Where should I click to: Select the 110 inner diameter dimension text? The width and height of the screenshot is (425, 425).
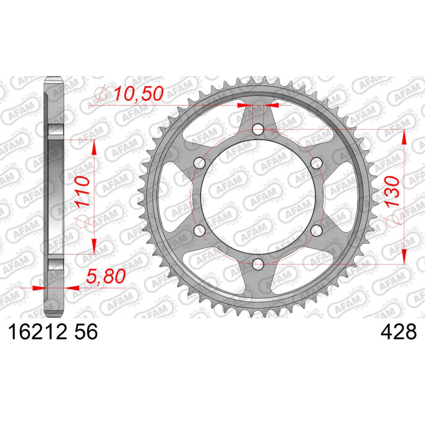[x=83, y=192]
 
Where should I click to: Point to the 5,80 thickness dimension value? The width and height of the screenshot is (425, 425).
[x=106, y=276]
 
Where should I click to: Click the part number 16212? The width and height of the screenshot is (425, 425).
[x=37, y=332]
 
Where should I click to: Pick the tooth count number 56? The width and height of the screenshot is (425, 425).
[x=86, y=332]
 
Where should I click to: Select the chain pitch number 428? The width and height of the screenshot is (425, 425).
[x=398, y=332]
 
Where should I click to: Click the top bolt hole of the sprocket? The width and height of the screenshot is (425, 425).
[x=258, y=130]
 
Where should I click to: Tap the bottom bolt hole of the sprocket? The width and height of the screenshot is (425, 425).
[x=258, y=264]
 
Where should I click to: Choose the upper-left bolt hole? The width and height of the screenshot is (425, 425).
[x=200, y=163]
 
